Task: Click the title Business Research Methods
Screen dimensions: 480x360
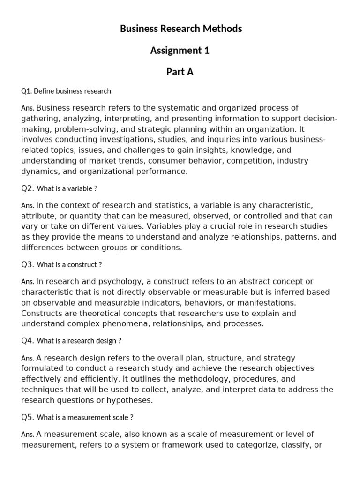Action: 180,29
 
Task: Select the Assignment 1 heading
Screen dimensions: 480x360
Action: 180,51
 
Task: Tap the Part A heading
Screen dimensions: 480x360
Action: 180,72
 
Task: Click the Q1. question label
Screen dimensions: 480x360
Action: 27,91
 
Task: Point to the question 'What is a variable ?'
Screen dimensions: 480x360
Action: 67,188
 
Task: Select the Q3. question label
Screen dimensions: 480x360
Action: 27,264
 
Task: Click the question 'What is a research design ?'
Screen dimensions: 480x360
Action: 79,341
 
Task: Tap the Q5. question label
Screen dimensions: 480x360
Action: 27,417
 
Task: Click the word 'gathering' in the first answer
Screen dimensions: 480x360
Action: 39,119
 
